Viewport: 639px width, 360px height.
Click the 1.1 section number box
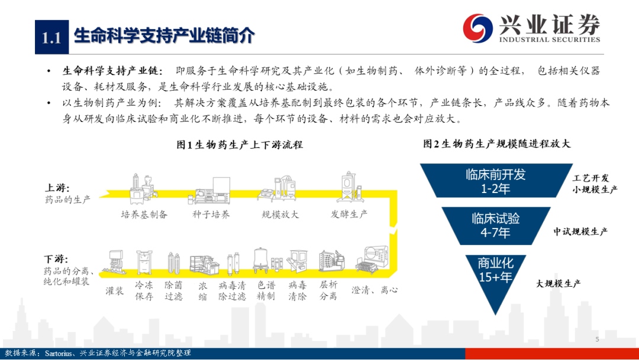51,37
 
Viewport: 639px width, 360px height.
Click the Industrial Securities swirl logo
477,28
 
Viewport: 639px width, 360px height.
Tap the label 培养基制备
144,214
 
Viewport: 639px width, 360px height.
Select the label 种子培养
211,214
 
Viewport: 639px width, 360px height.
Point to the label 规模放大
280,214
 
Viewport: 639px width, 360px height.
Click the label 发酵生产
349,214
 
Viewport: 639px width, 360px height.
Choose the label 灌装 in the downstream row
115,291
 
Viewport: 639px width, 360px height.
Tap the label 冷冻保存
144,291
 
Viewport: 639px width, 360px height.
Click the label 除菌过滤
173,291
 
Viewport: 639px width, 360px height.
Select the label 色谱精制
266,291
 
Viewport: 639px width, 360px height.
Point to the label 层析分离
328,291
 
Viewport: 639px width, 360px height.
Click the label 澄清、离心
375,290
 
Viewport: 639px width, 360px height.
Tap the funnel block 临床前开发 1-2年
496,181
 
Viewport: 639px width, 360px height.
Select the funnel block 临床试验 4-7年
496,226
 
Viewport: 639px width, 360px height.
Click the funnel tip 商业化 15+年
496,277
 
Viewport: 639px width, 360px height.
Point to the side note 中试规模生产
580,232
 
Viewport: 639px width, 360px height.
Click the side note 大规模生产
558,284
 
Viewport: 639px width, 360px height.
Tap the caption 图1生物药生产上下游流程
240,144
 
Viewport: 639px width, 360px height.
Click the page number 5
597,339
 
